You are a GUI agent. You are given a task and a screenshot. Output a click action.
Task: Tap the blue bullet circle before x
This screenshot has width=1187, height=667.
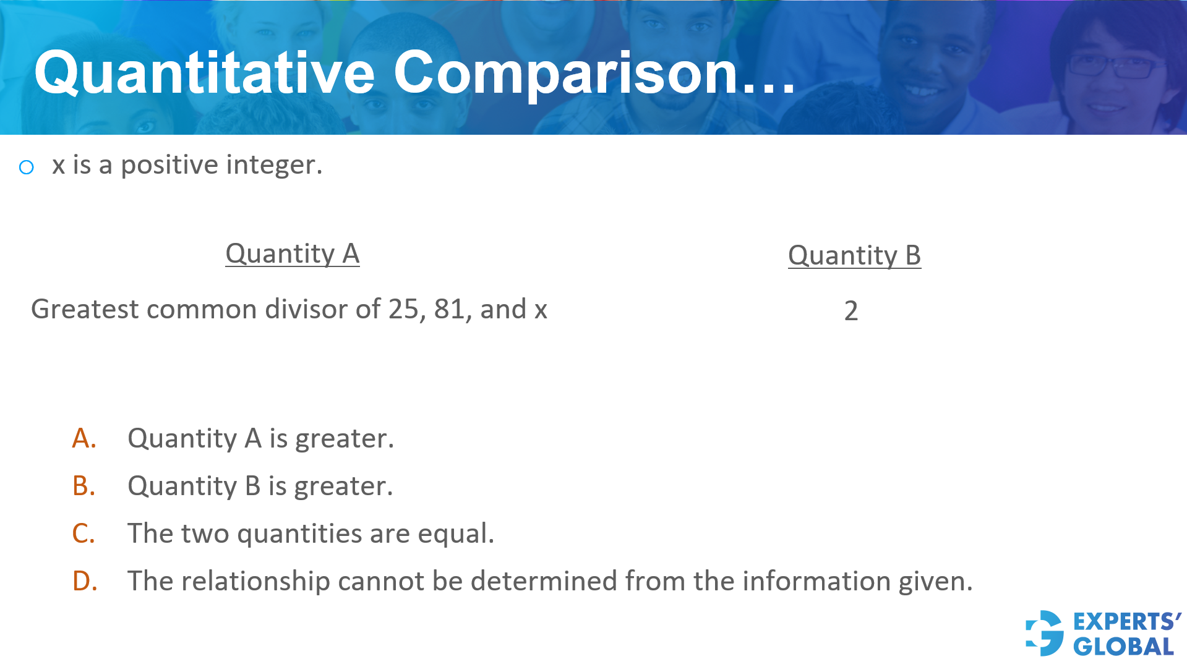[x=27, y=167]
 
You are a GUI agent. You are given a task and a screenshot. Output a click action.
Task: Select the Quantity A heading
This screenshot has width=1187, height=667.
[x=292, y=253]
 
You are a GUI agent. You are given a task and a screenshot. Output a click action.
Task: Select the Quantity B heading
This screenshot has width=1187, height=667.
[x=854, y=255]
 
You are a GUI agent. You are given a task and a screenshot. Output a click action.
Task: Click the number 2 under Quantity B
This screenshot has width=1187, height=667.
[x=851, y=310]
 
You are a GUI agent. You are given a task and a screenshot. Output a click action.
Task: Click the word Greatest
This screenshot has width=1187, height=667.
[x=84, y=309]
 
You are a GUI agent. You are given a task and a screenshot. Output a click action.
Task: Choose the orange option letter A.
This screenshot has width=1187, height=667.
[x=84, y=438]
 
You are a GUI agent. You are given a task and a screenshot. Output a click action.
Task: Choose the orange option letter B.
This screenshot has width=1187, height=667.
[x=84, y=486]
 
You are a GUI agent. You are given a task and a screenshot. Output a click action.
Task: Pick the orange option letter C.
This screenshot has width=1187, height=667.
[x=84, y=533]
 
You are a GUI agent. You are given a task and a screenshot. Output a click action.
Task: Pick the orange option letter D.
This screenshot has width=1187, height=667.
[x=85, y=581]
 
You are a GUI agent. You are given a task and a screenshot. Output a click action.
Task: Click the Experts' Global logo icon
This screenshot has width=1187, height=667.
[x=1045, y=633]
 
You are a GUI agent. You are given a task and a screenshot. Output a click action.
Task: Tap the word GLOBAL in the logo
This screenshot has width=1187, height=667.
[x=1123, y=647]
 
